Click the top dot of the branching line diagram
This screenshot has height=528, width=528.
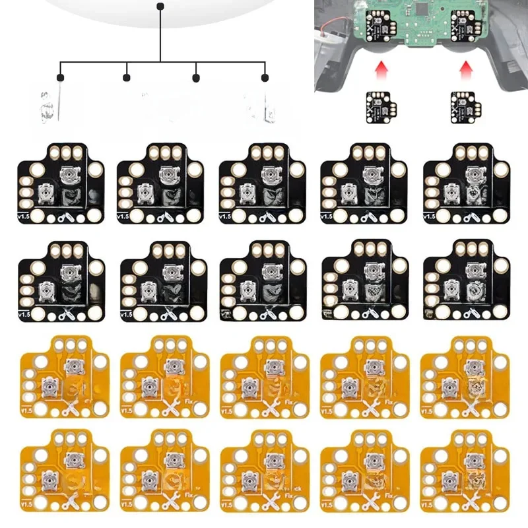160,7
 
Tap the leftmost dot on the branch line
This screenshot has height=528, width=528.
60,78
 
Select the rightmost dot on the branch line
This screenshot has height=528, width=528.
265,78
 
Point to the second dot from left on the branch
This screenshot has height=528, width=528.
126,78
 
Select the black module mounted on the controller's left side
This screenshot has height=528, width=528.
378,23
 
